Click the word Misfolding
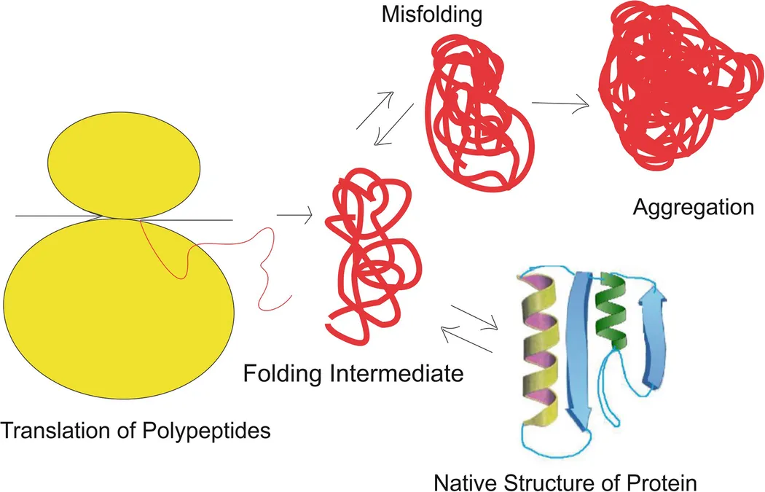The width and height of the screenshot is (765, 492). [423, 15]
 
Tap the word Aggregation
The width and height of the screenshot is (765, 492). [693, 207]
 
